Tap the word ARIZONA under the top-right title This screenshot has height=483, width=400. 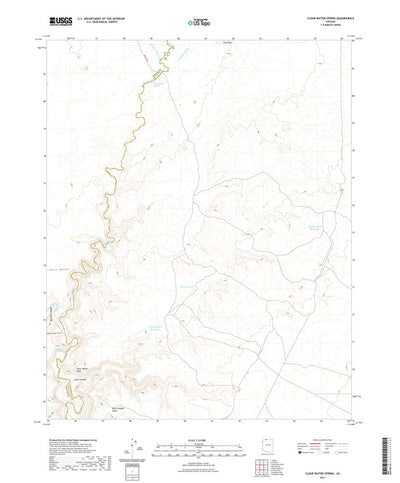329,21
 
